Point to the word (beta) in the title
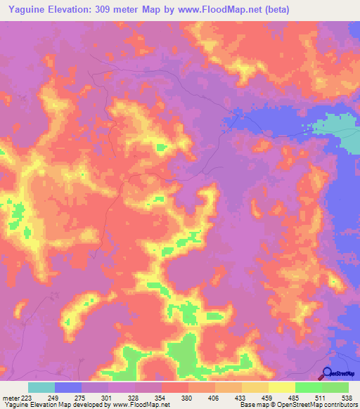point(271,10)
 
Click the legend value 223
point(26,398)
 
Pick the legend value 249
point(53,398)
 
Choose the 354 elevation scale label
point(161,398)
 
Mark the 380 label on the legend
point(188,398)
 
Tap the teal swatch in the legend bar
point(41,387)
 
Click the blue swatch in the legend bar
point(68,387)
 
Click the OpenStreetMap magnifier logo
point(327,374)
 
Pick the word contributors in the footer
point(339,405)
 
